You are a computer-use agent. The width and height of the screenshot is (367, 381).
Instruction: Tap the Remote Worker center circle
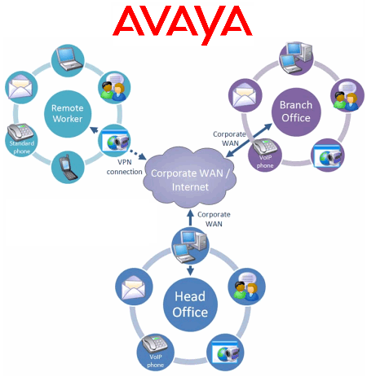click(68, 114)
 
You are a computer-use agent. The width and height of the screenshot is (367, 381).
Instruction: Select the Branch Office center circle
click(296, 112)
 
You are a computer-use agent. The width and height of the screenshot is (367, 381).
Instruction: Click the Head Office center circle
click(190, 304)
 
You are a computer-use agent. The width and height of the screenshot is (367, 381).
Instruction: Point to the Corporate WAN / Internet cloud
click(190, 177)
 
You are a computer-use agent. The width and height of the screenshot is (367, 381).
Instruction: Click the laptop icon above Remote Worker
click(68, 60)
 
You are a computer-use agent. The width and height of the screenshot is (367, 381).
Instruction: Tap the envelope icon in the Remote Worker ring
click(21, 87)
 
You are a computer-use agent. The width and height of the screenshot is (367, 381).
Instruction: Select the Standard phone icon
click(21, 139)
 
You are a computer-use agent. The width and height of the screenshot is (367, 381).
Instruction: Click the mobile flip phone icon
click(68, 167)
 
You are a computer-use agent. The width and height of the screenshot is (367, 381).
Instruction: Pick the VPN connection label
click(125, 167)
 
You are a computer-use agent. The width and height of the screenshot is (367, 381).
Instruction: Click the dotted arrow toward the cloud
click(138, 154)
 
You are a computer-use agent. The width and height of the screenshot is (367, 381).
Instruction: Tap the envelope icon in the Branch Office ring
click(245, 95)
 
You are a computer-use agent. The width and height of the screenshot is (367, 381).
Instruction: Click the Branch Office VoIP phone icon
click(265, 155)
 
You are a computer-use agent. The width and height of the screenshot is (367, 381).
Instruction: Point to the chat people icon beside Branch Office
click(347, 95)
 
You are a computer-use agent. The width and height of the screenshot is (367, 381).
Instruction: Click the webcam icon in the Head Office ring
click(225, 353)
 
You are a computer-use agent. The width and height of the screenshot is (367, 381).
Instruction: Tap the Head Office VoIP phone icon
click(155, 352)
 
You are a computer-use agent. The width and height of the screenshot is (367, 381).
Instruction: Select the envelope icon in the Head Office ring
click(134, 287)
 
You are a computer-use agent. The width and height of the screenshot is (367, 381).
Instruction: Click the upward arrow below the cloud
click(190, 217)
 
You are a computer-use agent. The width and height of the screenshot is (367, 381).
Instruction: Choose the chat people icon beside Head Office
click(247, 287)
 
